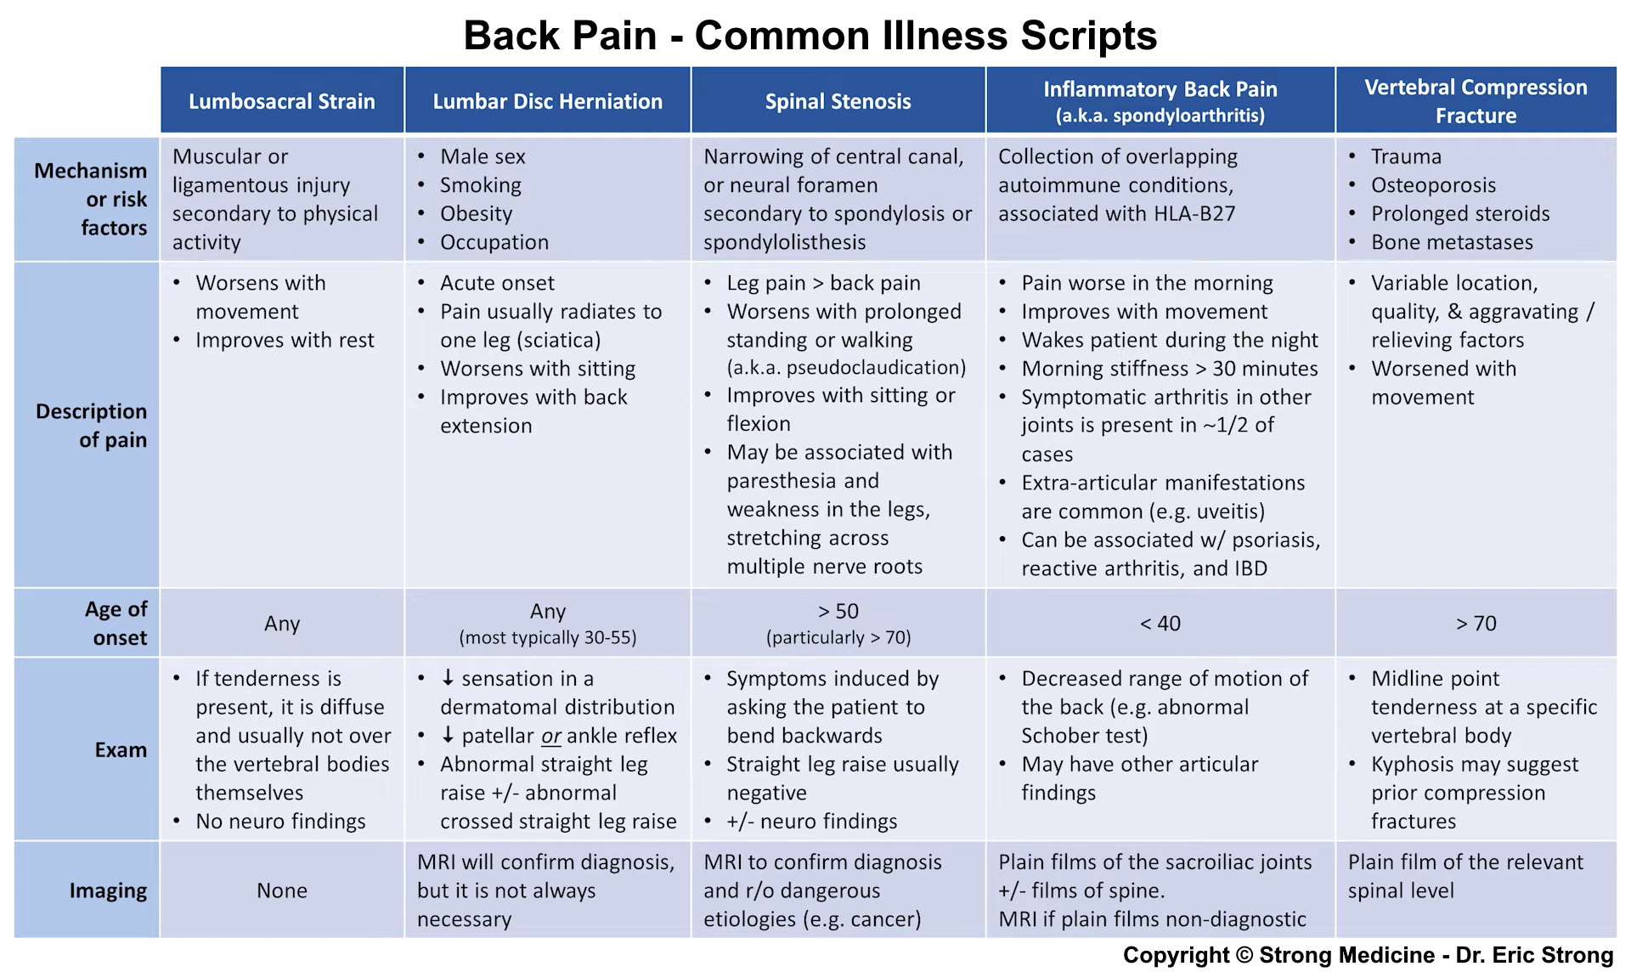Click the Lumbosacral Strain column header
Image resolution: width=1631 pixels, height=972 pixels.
pyautogui.click(x=281, y=101)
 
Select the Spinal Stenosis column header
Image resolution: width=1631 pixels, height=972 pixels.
pyautogui.click(x=838, y=101)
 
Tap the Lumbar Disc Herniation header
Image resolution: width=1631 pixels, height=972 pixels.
pyautogui.click(x=547, y=101)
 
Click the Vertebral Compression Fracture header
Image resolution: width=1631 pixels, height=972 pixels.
pyautogui.click(x=1476, y=101)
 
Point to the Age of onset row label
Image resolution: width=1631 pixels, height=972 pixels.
pyautogui.click(x=116, y=623)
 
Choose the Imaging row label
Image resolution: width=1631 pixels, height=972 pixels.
pyautogui.click(x=108, y=890)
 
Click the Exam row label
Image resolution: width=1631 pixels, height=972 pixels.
pyautogui.click(x=121, y=749)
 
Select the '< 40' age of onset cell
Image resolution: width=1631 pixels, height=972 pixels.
pyautogui.click(x=1160, y=624)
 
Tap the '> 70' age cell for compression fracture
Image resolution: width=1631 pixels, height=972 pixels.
pyautogui.click(x=1476, y=624)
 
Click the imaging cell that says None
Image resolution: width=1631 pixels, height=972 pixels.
pyautogui.click(x=282, y=890)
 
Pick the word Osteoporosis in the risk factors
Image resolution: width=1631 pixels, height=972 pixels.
pyautogui.click(x=1433, y=185)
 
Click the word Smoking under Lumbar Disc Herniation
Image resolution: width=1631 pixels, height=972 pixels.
pyautogui.click(x=481, y=185)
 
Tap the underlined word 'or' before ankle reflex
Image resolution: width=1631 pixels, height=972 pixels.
pyautogui.click(x=551, y=736)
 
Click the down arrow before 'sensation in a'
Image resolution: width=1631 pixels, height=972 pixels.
pyautogui.click(x=448, y=678)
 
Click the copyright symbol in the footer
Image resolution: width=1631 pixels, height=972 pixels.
pyautogui.click(x=1244, y=955)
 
